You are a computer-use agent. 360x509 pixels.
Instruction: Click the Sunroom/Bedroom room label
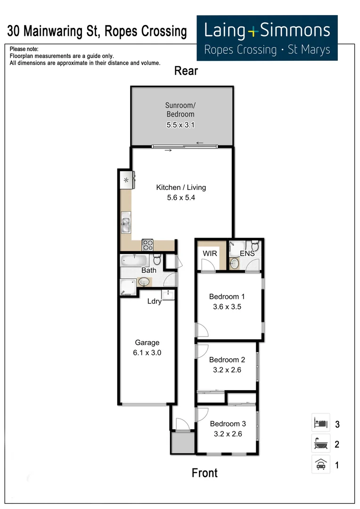click(180, 110)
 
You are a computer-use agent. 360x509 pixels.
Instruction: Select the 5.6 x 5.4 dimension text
click(181, 198)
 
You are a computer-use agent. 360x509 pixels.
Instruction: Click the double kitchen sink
click(126, 223)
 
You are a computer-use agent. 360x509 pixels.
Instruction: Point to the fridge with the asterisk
click(126, 181)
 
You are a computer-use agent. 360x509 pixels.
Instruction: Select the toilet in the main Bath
click(158, 260)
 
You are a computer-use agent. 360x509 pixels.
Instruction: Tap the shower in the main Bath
click(127, 287)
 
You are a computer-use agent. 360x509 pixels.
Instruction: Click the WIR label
click(210, 254)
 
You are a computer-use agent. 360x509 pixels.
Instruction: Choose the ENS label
click(247, 254)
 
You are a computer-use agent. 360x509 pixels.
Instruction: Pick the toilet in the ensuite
click(254, 246)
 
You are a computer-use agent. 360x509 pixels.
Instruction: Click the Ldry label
click(155, 301)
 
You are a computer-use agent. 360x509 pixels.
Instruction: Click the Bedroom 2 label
click(227, 360)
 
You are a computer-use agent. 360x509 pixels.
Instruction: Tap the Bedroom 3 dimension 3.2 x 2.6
click(226, 434)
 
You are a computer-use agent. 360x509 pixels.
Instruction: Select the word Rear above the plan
click(186, 71)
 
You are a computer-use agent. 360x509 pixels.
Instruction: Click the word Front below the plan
click(205, 473)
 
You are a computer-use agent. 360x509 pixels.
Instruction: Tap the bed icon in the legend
click(320, 423)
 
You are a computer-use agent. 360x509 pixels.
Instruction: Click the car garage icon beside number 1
click(320, 465)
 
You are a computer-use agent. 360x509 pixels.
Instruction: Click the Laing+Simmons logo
click(267, 38)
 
